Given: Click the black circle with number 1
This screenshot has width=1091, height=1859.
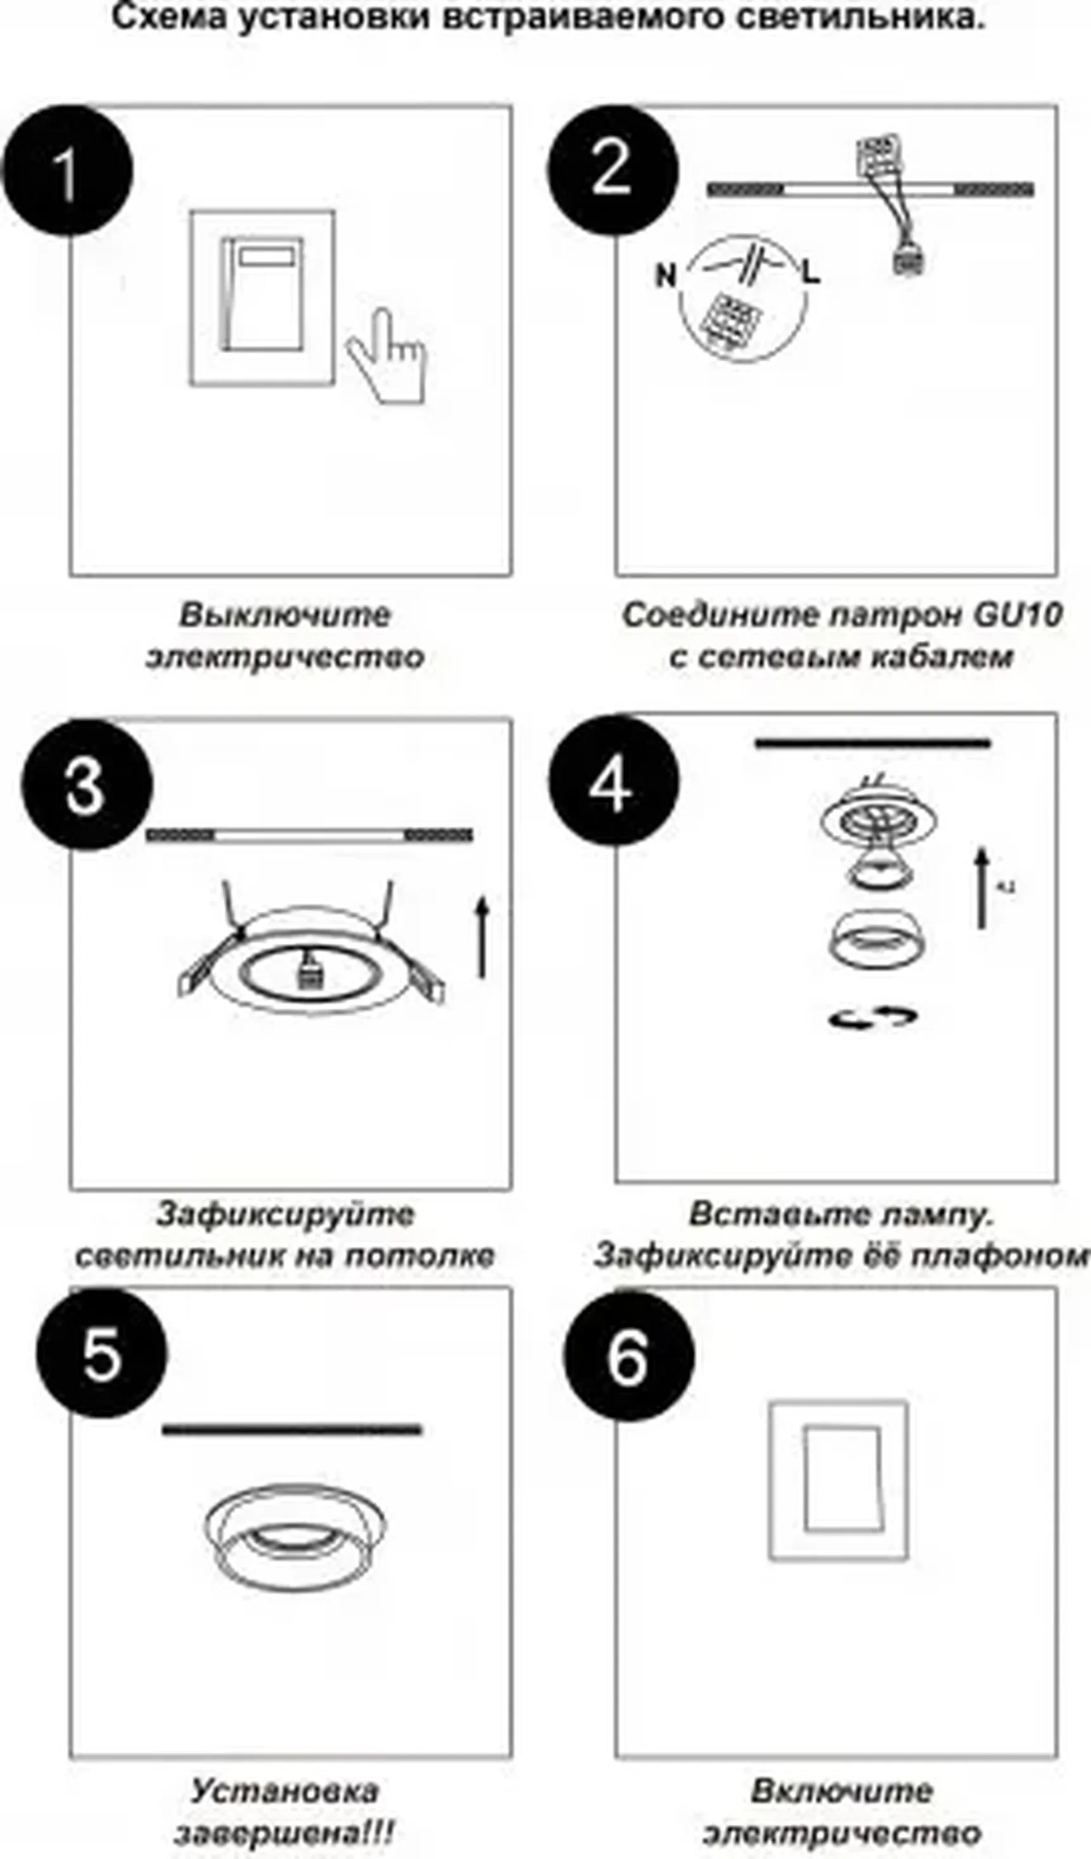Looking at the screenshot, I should [67, 171].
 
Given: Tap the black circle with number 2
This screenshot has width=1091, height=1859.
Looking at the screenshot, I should [611, 169].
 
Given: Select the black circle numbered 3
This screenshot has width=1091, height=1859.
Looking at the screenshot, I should [86, 784].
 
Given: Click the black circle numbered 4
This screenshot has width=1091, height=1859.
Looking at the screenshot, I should [612, 780].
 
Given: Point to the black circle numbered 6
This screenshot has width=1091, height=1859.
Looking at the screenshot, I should [629, 1355].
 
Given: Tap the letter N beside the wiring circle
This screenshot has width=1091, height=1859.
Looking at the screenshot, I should [665, 276].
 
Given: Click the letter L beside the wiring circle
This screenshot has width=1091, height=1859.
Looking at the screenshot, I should [811, 273].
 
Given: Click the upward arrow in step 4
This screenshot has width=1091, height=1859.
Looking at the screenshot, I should [982, 888].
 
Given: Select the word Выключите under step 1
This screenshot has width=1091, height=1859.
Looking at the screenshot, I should [285, 615].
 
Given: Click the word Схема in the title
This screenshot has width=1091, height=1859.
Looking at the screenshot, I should [171, 16].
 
